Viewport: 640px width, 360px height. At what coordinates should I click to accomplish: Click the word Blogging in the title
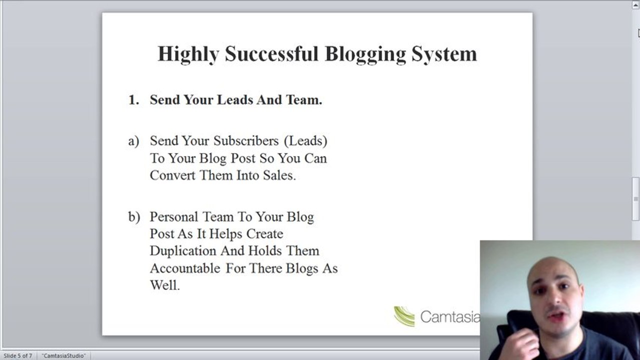click(x=365, y=54)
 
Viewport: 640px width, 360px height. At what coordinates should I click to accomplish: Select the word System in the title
click(x=444, y=54)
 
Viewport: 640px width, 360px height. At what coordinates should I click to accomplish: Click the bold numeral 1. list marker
click(x=134, y=100)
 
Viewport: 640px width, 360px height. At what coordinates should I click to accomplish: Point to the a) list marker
click(x=134, y=141)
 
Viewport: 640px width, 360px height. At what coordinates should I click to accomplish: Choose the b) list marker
click(x=134, y=217)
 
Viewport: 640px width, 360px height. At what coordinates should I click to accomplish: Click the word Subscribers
click(x=246, y=140)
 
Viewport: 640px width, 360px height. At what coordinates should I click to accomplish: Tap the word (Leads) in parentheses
click(x=306, y=141)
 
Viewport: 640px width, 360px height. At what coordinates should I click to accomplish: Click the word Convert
click(x=173, y=175)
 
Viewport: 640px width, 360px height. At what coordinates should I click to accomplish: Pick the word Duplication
click(x=183, y=251)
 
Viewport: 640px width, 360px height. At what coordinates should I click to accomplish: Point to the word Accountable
click(x=185, y=268)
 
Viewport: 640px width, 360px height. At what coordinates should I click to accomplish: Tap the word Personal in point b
click(x=174, y=217)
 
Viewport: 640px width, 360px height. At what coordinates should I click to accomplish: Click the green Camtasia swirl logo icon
click(x=404, y=316)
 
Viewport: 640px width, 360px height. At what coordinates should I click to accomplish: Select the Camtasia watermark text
click(x=450, y=316)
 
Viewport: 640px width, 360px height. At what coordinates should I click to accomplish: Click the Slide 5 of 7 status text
click(x=18, y=355)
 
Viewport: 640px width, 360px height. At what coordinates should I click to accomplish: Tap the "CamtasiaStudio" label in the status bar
click(x=64, y=355)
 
